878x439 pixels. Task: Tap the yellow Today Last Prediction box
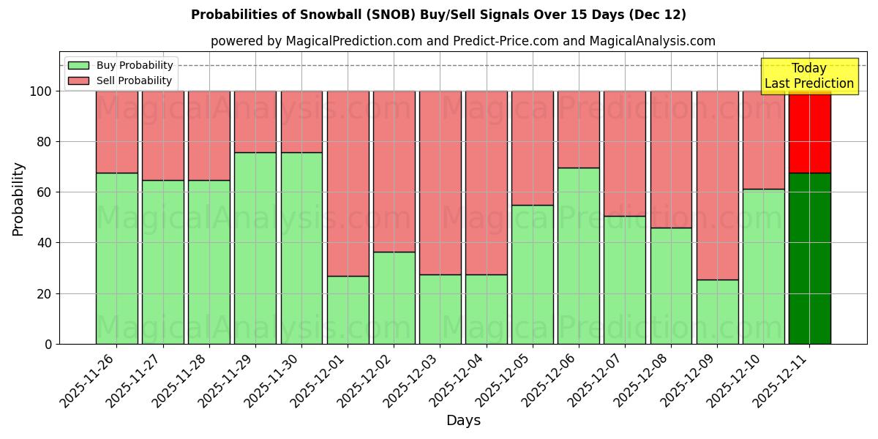[809, 76]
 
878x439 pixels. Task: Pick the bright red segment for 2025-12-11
[809, 132]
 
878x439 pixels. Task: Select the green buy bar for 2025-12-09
[717, 312]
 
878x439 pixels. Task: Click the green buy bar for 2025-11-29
[255, 248]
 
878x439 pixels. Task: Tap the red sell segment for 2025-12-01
[348, 183]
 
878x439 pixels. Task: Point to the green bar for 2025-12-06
[578, 256]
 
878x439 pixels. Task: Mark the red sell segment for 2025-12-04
[486, 183]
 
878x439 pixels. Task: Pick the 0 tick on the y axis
[48, 344]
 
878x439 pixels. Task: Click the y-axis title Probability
[18, 199]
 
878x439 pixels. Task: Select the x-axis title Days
[463, 421]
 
